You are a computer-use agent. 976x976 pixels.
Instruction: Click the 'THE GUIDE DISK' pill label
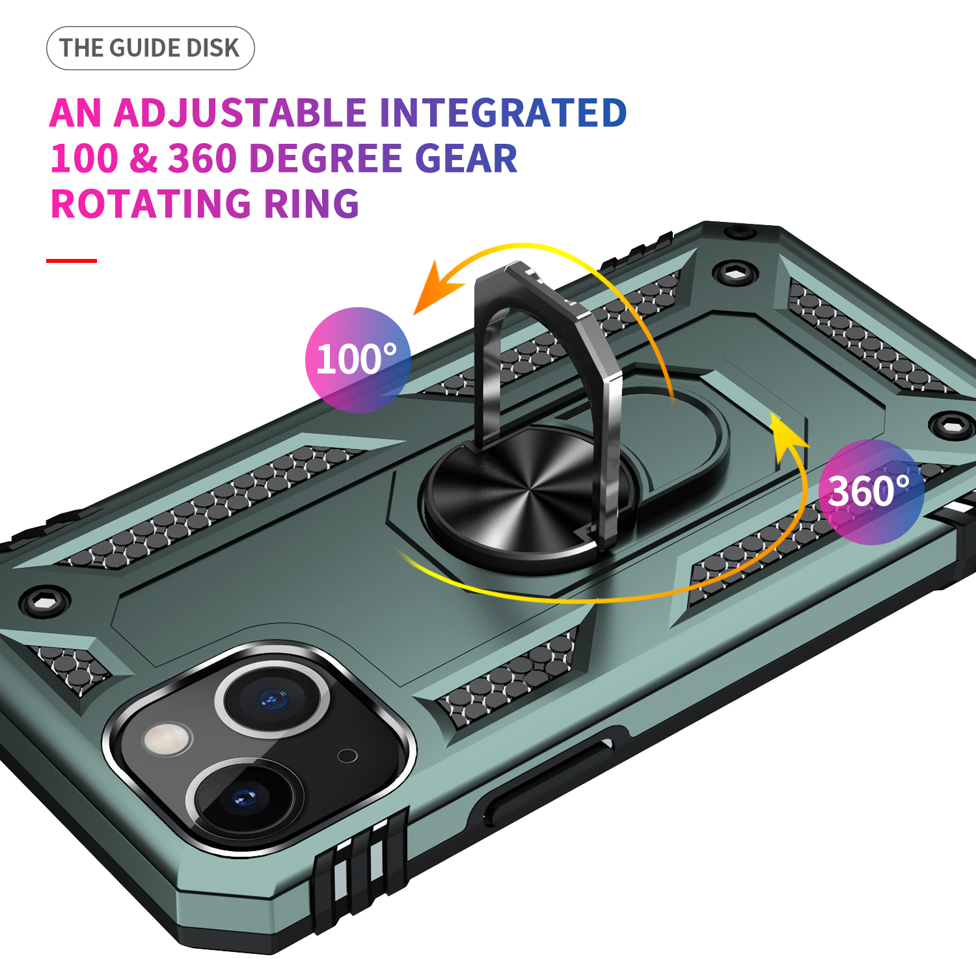click(x=150, y=48)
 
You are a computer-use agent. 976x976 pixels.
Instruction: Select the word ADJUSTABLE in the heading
click(x=241, y=113)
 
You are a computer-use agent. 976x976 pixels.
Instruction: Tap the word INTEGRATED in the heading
click(x=503, y=113)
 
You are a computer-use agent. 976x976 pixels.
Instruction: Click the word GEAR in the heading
click(x=466, y=159)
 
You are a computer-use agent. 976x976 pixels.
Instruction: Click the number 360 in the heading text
click(x=202, y=159)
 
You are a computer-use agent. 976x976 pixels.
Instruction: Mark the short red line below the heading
click(x=72, y=261)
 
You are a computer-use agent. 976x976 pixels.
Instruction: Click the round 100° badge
click(x=358, y=360)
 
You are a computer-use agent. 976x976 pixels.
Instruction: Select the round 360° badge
click(x=871, y=492)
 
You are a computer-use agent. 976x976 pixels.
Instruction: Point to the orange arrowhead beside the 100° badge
click(x=438, y=288)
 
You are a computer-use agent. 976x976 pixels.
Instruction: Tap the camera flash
click(x=169, y=739)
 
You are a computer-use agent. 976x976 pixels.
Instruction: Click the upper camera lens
click(x=271, y=699)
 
